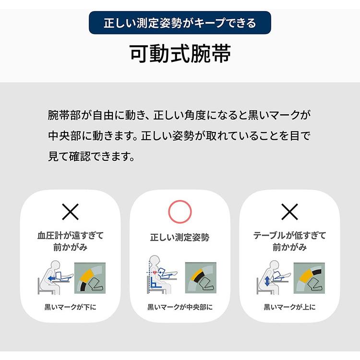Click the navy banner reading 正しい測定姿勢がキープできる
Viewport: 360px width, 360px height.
point(180,23)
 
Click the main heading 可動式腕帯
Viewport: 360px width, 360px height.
point(180,54)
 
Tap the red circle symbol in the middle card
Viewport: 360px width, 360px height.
point(180,211)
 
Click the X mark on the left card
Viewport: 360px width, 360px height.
point(71,211)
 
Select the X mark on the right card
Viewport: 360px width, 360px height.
point(289,211)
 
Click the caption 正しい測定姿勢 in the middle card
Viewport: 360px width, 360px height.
point(180,237)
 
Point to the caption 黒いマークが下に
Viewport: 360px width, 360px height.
point(71,307)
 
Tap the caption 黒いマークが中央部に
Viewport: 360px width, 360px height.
point(180,307)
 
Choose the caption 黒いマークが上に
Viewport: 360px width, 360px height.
point(289,307)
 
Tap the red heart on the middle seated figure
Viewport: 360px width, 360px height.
point(155,273)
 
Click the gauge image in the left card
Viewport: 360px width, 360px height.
point(90,278)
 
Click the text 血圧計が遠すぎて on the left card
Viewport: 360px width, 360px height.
point(71,236)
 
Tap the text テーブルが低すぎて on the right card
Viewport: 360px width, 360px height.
point(289,236)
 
